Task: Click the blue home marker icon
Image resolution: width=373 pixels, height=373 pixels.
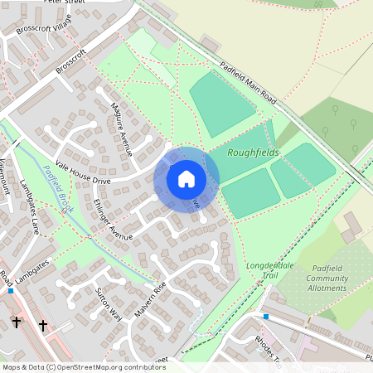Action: click(186, 178)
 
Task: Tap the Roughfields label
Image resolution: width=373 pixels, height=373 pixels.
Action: click(254, 153)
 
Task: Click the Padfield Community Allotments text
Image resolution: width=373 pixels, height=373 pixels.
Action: click(328, 279)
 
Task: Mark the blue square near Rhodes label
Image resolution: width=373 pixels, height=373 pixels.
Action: click(265, 317)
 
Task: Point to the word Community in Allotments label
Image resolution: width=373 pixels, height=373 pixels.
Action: click(328, 279)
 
